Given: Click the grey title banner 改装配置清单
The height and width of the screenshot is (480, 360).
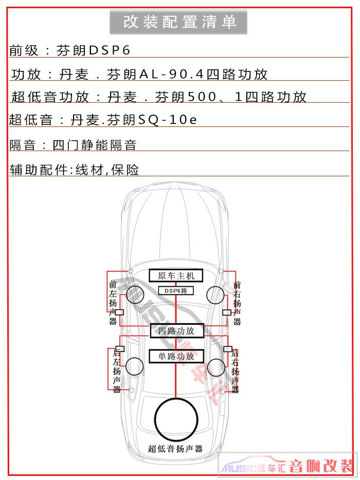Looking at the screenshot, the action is tap(178, 22).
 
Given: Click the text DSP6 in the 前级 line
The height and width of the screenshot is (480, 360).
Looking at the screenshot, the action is tap(110, 50).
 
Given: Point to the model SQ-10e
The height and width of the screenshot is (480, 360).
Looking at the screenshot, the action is tap(167, 120).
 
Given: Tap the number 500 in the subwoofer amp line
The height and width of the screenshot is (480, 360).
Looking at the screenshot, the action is tap(202, 97).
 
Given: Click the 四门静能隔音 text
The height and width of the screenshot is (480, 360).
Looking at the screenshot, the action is tap(94, 145).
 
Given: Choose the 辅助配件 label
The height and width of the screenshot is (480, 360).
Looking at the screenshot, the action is tap(39, 170).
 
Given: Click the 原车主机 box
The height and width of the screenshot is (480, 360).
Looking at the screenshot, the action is tap(176, 275).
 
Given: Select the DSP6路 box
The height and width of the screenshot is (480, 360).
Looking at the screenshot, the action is tap(176, 290).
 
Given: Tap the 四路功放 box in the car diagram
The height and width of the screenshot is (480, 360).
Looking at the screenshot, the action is tap(177, 331).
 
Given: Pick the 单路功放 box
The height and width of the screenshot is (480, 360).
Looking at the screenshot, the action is tap(176, 356).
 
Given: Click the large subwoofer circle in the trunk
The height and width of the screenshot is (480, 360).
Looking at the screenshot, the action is tap(176, 419).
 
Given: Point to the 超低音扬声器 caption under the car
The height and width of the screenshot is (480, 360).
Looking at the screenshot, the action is tap(175, 449).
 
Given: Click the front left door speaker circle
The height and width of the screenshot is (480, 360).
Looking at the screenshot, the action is tap(135, 294).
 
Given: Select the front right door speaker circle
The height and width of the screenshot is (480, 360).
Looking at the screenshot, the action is tap(215, 295).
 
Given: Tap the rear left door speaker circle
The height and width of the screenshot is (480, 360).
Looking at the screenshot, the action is tap(135, 366).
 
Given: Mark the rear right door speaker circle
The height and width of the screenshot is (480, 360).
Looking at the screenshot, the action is tap(217, 367).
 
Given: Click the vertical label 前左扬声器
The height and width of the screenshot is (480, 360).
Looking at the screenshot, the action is tap(113, 303).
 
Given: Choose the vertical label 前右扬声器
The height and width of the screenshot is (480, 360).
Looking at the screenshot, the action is tap(237, 303).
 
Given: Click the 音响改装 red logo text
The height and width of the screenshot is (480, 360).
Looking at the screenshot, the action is tap(321, 466).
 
